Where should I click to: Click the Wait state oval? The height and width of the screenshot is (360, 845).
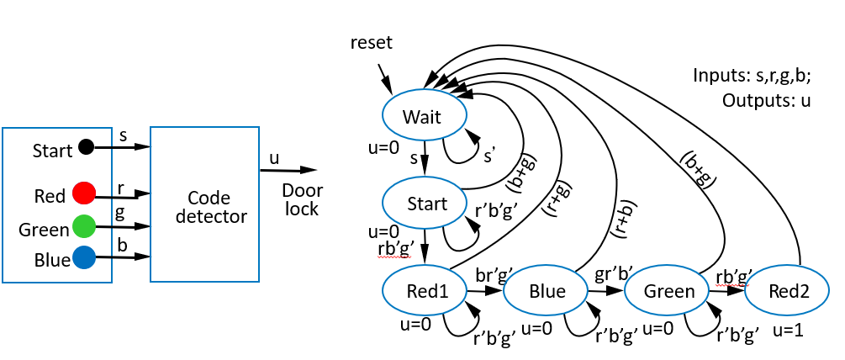[x=422, y=115]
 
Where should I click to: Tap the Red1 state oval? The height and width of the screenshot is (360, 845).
[x=425, y=290]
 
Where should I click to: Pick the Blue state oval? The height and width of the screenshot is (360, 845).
[x=547, y=290]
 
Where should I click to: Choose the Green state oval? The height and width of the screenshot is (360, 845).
[x=668, y=291]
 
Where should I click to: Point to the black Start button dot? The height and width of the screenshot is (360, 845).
[x=85, y=147]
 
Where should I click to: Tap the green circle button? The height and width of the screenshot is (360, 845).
[x=83, y=226]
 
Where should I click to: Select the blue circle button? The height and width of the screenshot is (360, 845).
[x=83, y=257]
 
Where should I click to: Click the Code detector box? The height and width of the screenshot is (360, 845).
[x=204, y=204]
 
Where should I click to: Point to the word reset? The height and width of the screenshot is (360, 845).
[x=372, y=42]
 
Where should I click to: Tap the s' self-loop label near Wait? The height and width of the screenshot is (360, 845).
[x=490, y=156]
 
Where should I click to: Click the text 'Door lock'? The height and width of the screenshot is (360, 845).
[x=300, y=199]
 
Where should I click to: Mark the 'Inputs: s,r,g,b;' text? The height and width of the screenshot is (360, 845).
[x=753, y=76]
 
